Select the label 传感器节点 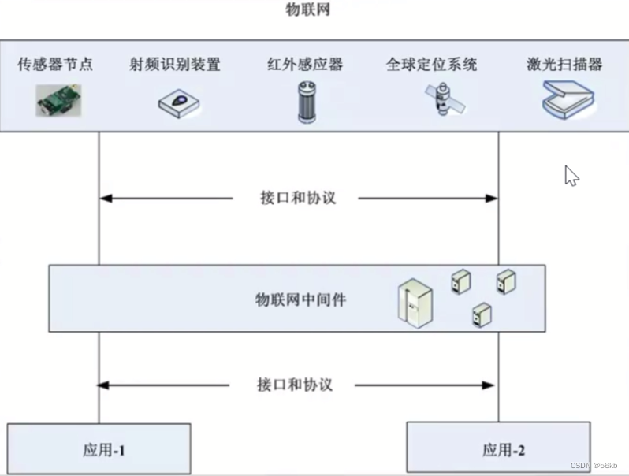(x=55, y=65)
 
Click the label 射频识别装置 (x=175, y=65)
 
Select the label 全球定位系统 (x=431, y=65)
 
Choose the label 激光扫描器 (x=564, y=65)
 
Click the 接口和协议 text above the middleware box (x=298, y=198)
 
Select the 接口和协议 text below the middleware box (x=295, y=385)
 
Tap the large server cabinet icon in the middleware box (x=415, y=301)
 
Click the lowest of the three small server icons (x=478, y=315)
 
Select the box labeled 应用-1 (x=99, y=449)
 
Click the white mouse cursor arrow (x=571, y=176)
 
